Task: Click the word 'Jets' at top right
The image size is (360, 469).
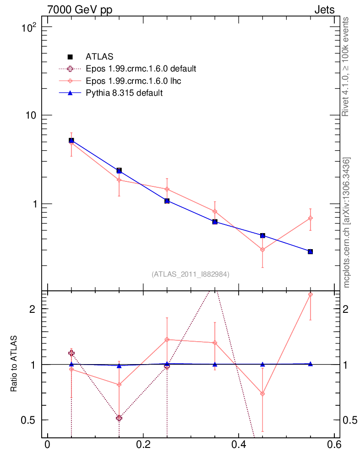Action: click(x=324, y=10)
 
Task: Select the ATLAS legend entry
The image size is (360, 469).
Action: click(x=99, y=57)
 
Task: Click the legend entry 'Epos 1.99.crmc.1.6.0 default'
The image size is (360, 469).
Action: click(x=141, y=69)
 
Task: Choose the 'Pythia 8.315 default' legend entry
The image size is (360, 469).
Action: click(x=124, y=93)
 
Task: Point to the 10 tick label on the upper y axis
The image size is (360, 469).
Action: click(x=31, y=115)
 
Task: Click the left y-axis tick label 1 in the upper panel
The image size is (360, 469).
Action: click(x=35, y=204)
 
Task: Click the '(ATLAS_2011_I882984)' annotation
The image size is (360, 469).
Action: click(x=191, y=274)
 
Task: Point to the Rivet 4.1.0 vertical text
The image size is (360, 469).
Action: click(x=346, y=66)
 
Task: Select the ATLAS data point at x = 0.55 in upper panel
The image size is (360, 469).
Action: click(x=310, y=251)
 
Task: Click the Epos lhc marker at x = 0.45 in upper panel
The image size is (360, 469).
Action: click(x=262, y=250)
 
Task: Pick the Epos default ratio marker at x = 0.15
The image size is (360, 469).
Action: click(x=119, y=418)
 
